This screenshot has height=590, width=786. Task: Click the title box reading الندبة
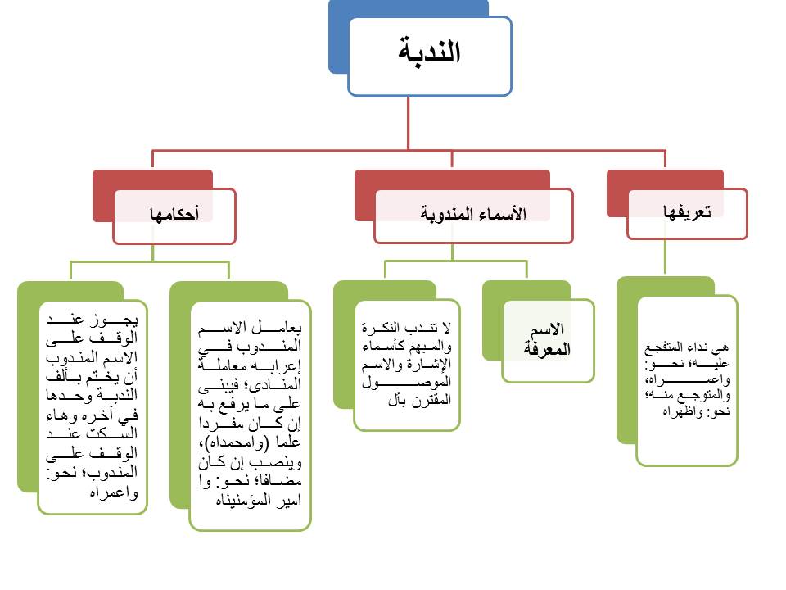point(430,55)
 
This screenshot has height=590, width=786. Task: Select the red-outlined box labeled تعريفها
point(687,213)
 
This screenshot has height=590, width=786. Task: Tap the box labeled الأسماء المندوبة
point(473,216)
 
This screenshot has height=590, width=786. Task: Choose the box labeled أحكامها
point(174,216)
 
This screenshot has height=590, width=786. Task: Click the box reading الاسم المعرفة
point(548,339)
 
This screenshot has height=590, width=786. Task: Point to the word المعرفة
point(548,350)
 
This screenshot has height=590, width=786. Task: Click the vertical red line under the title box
point(409,123)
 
